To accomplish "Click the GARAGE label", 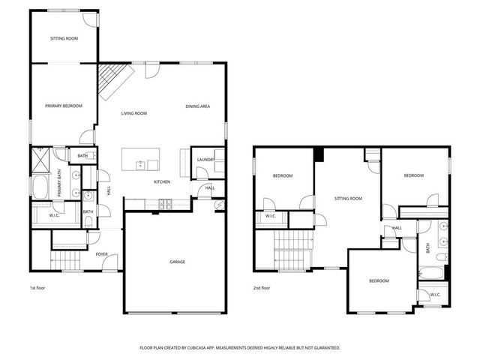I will tap(177, 262).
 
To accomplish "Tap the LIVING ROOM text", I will tap(134, 113).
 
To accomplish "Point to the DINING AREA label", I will tap(197, 106).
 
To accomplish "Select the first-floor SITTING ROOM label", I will tap(64, 37).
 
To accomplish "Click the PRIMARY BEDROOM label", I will tap(63, 106).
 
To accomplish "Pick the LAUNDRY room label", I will tap(206, 160).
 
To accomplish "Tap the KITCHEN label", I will tap(162, 181).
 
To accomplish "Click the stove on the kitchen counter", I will tap(165, 204).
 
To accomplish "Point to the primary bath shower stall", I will tap(39, 158).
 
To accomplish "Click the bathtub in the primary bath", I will tap(38, 187).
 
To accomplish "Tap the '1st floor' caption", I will tap(37, 286).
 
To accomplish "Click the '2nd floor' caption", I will tap(262, 286).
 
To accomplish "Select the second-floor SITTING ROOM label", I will tap(348, 199).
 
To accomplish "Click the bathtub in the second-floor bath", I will tap(431, 272).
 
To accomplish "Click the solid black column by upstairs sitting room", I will tap(319, 154).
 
